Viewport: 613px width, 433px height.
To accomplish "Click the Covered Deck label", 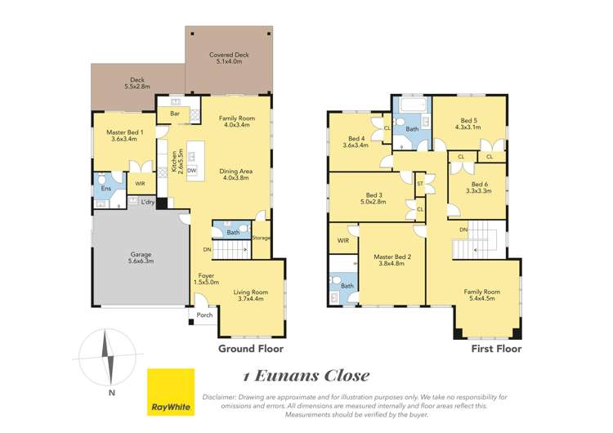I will [x=229, y=59].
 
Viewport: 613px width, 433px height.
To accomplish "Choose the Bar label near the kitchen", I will [x=175, y=113].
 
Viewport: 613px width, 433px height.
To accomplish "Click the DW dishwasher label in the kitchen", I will [x=190, y=169].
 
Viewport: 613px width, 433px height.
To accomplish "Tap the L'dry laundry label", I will [x=148, y=202].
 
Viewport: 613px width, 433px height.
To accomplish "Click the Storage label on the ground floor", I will [x=261, y=238].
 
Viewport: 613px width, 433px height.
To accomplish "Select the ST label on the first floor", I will [x=419, y=185].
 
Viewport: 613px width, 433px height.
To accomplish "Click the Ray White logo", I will [x=170, y=392].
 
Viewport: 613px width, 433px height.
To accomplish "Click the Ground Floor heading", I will [x=250, y=348].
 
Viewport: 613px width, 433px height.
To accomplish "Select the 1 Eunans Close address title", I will [x=306, y=376].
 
